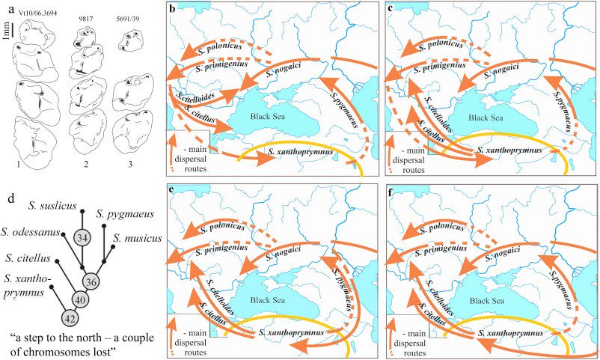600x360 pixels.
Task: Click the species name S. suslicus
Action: click(x=53, y=204)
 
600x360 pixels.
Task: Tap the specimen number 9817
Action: click(x=88, y=17)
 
